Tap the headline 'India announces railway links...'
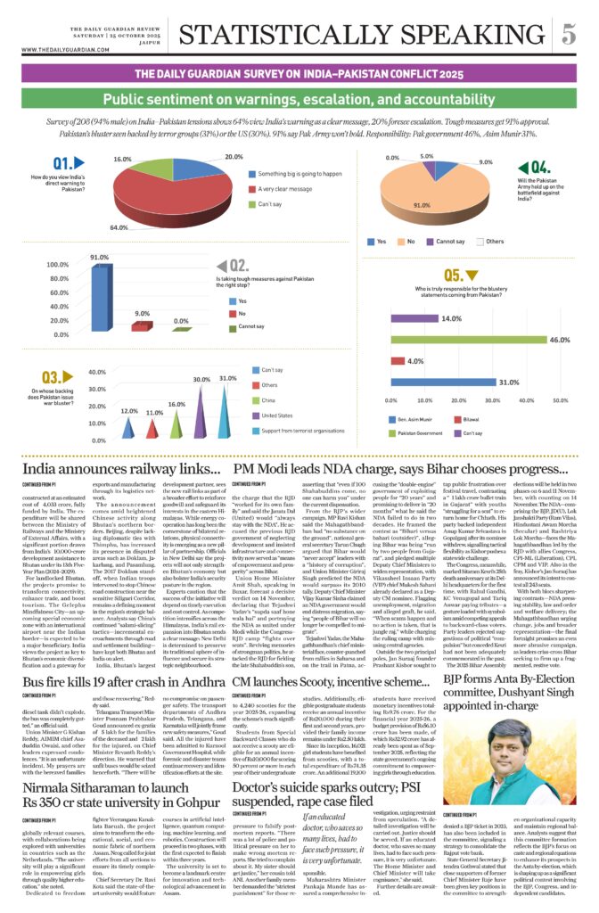(121, 469)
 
